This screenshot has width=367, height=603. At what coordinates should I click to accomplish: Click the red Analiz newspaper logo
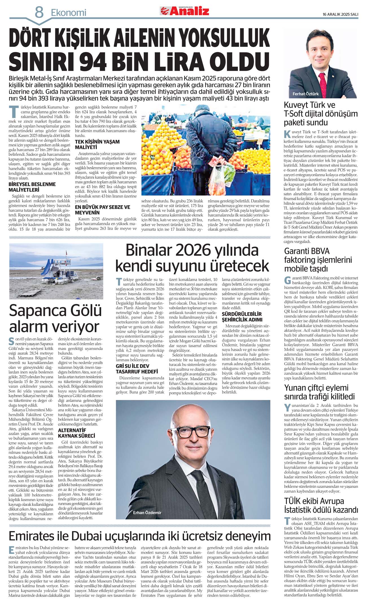pos(185,11)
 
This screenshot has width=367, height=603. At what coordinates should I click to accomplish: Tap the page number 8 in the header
pos(39,13)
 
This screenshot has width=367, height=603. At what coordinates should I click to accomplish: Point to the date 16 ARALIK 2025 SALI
pos(340,14)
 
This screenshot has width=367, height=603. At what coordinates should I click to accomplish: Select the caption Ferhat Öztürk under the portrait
pos(305,94)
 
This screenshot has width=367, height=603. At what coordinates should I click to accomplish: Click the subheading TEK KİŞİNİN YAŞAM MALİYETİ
pos(97,144)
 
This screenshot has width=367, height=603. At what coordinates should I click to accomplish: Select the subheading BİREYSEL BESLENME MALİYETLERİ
pos(32,187)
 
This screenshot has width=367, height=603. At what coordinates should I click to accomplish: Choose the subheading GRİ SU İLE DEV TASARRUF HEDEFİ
pos(137,369)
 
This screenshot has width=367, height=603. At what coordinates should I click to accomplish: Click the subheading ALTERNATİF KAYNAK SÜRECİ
pos(76,433)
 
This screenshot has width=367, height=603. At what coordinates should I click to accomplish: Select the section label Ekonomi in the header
pos(68,13)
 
